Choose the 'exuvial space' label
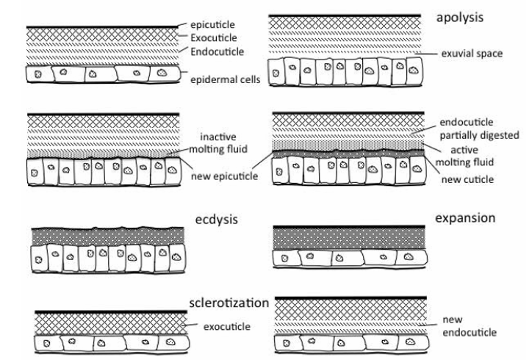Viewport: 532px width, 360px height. (470, 53)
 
